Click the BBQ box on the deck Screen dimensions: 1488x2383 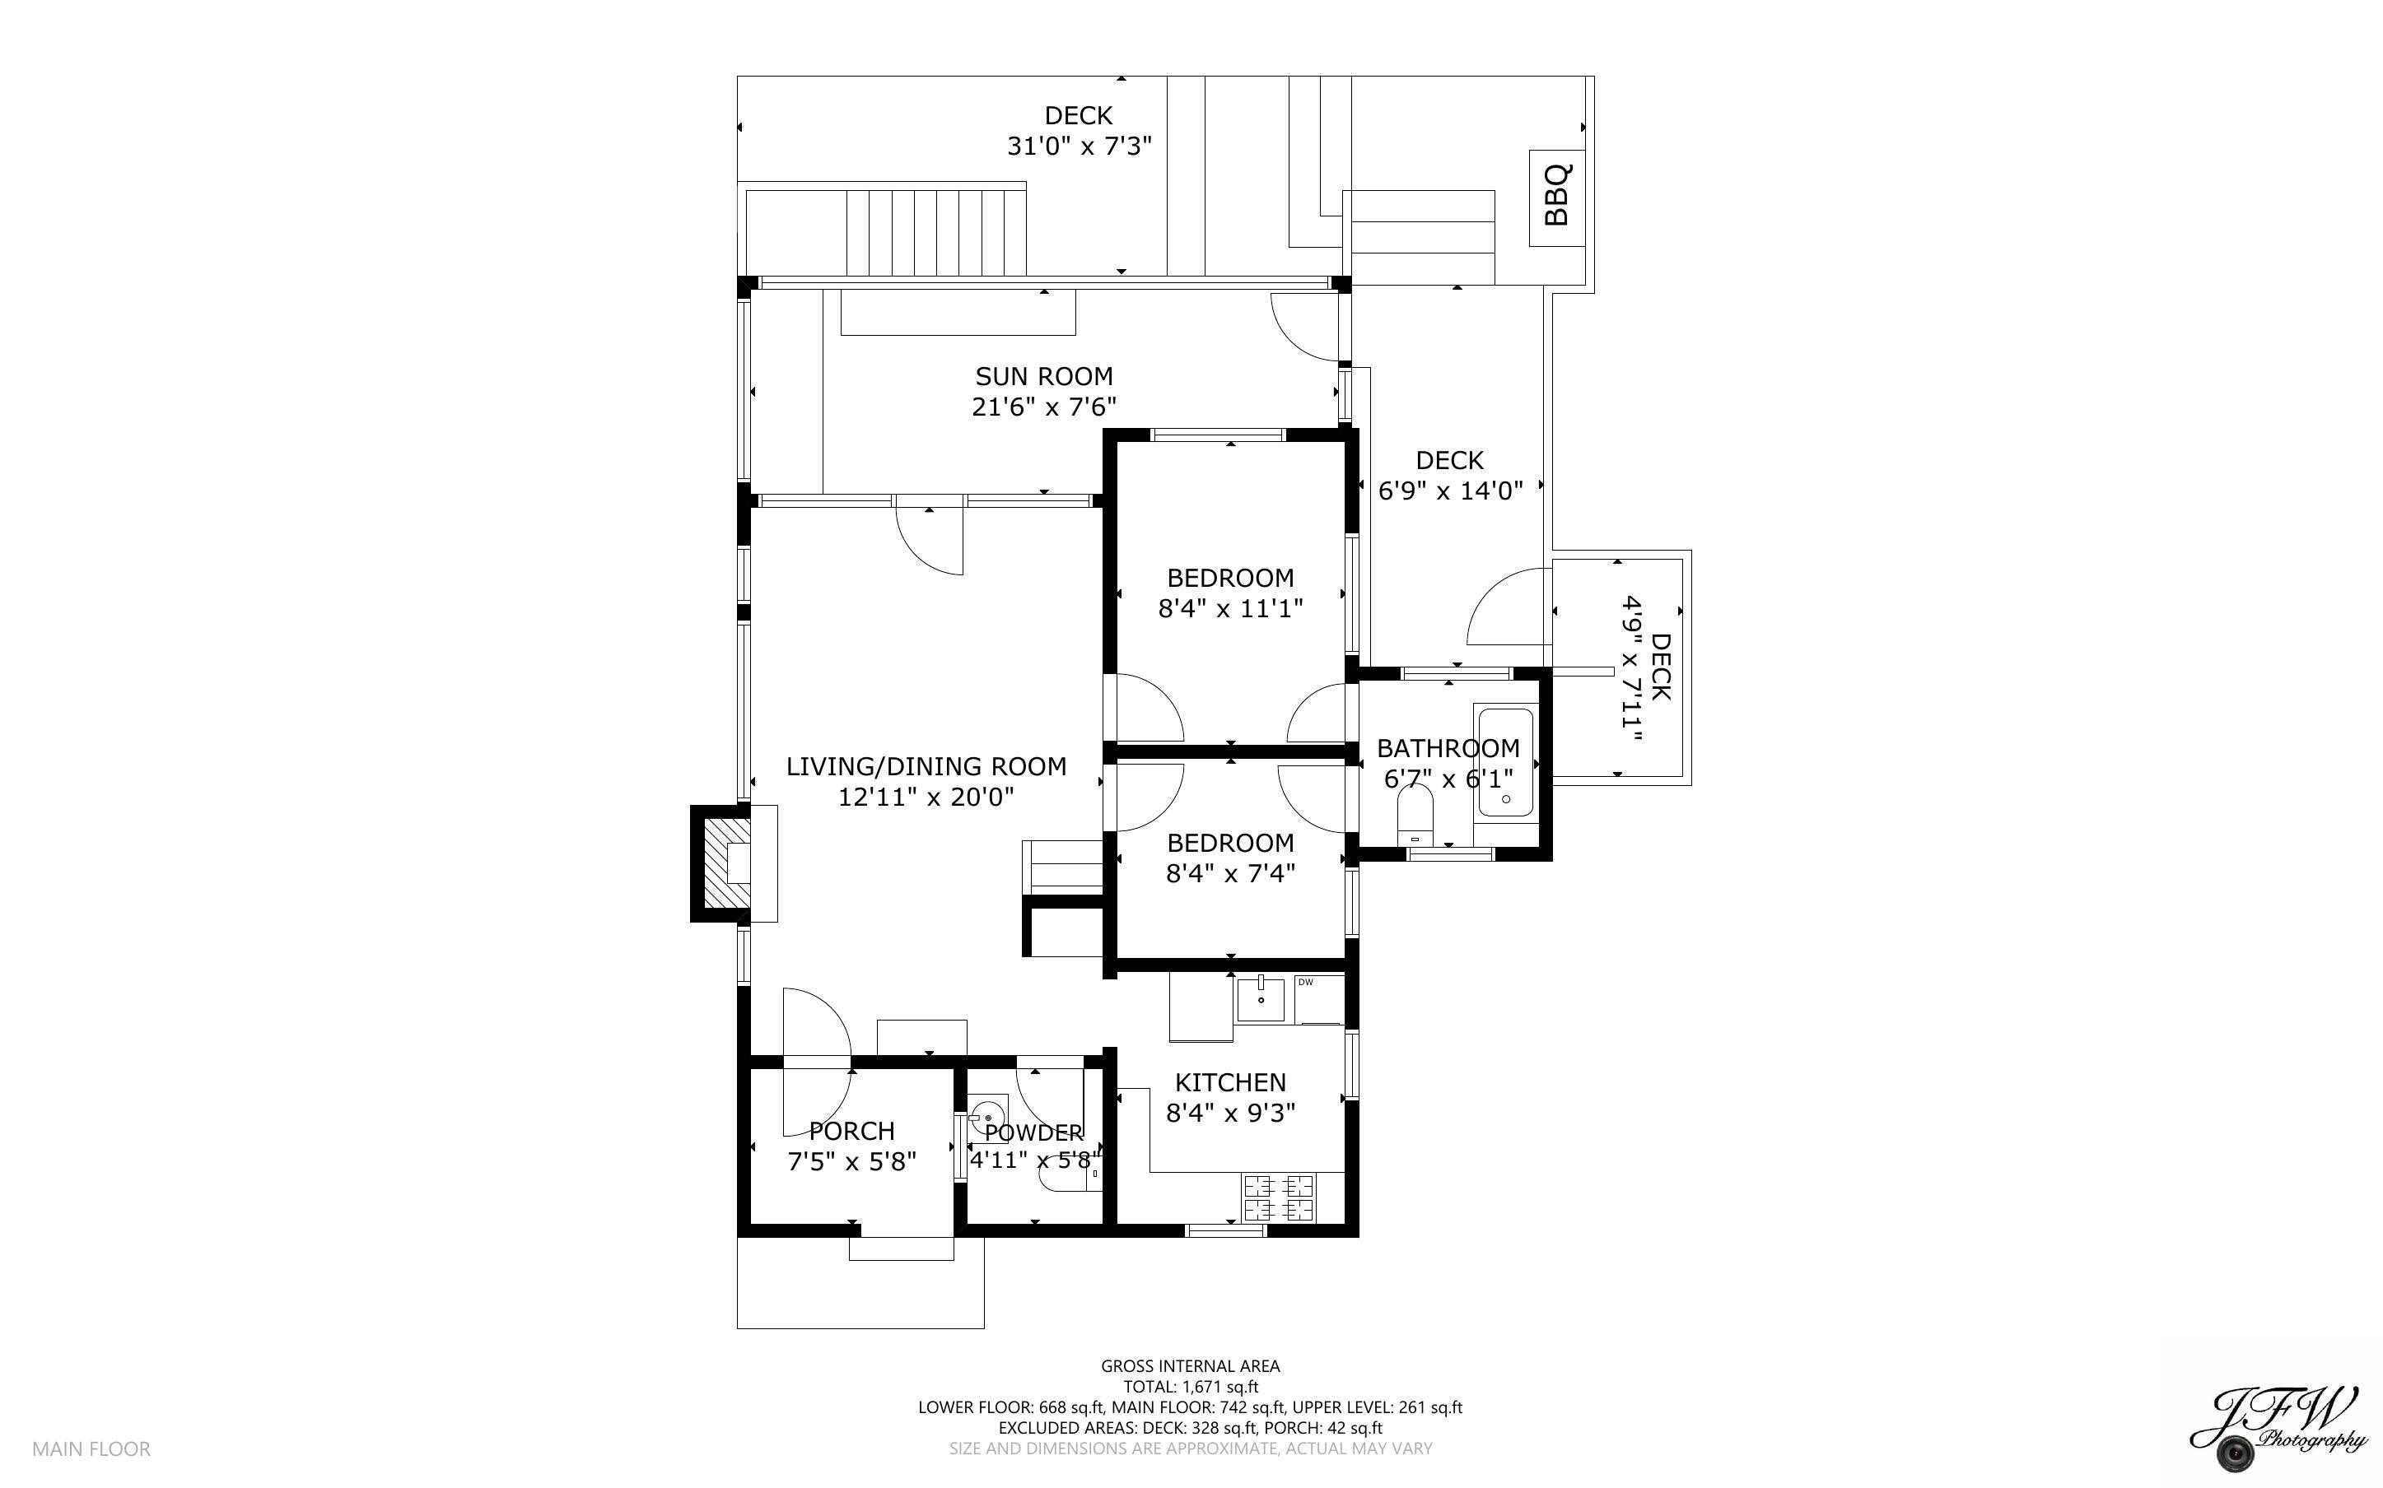click(1556, 198)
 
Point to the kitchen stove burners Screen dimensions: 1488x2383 click(1279, 1197)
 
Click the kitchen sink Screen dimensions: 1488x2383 click(1261, 999)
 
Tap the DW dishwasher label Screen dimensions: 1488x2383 click(1306, 982)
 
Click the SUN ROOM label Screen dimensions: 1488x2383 click(1043, 376)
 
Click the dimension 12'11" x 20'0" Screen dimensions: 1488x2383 click(926, 797)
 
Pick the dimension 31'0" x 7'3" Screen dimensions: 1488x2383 click(1079, 146)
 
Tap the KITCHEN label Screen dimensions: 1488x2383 click(1230, 1082)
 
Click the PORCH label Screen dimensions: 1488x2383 click(851, 1131)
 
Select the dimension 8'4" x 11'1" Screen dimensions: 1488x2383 click(1230, 608)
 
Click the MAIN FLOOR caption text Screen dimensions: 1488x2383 click(91, 1448)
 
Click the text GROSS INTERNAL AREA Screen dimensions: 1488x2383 click(1190, 1366)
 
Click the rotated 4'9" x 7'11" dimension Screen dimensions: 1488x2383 click(1632, 669)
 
